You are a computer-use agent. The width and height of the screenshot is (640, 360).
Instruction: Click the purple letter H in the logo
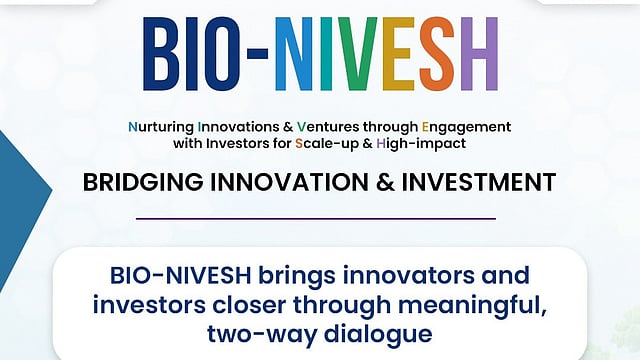[480, 54]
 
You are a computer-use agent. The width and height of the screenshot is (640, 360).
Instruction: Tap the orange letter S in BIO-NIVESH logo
[437, 54]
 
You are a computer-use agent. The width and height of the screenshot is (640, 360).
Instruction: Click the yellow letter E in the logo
[398, 54]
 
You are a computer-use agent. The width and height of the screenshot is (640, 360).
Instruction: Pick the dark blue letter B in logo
[161, 54]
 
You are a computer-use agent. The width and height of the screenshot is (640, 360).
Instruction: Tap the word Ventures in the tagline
[328, 127]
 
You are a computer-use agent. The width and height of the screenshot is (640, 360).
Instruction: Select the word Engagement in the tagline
[466, 127]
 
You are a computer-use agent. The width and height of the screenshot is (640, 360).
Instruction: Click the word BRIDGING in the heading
[143, 182]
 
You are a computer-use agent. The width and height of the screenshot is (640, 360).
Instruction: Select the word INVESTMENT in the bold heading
[479, 182]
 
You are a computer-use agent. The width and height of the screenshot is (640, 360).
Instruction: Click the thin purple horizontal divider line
[316, 219]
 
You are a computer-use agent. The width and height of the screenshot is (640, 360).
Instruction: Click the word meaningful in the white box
[472, 305]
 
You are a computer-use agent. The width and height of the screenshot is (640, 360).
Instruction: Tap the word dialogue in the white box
[378, 334]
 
